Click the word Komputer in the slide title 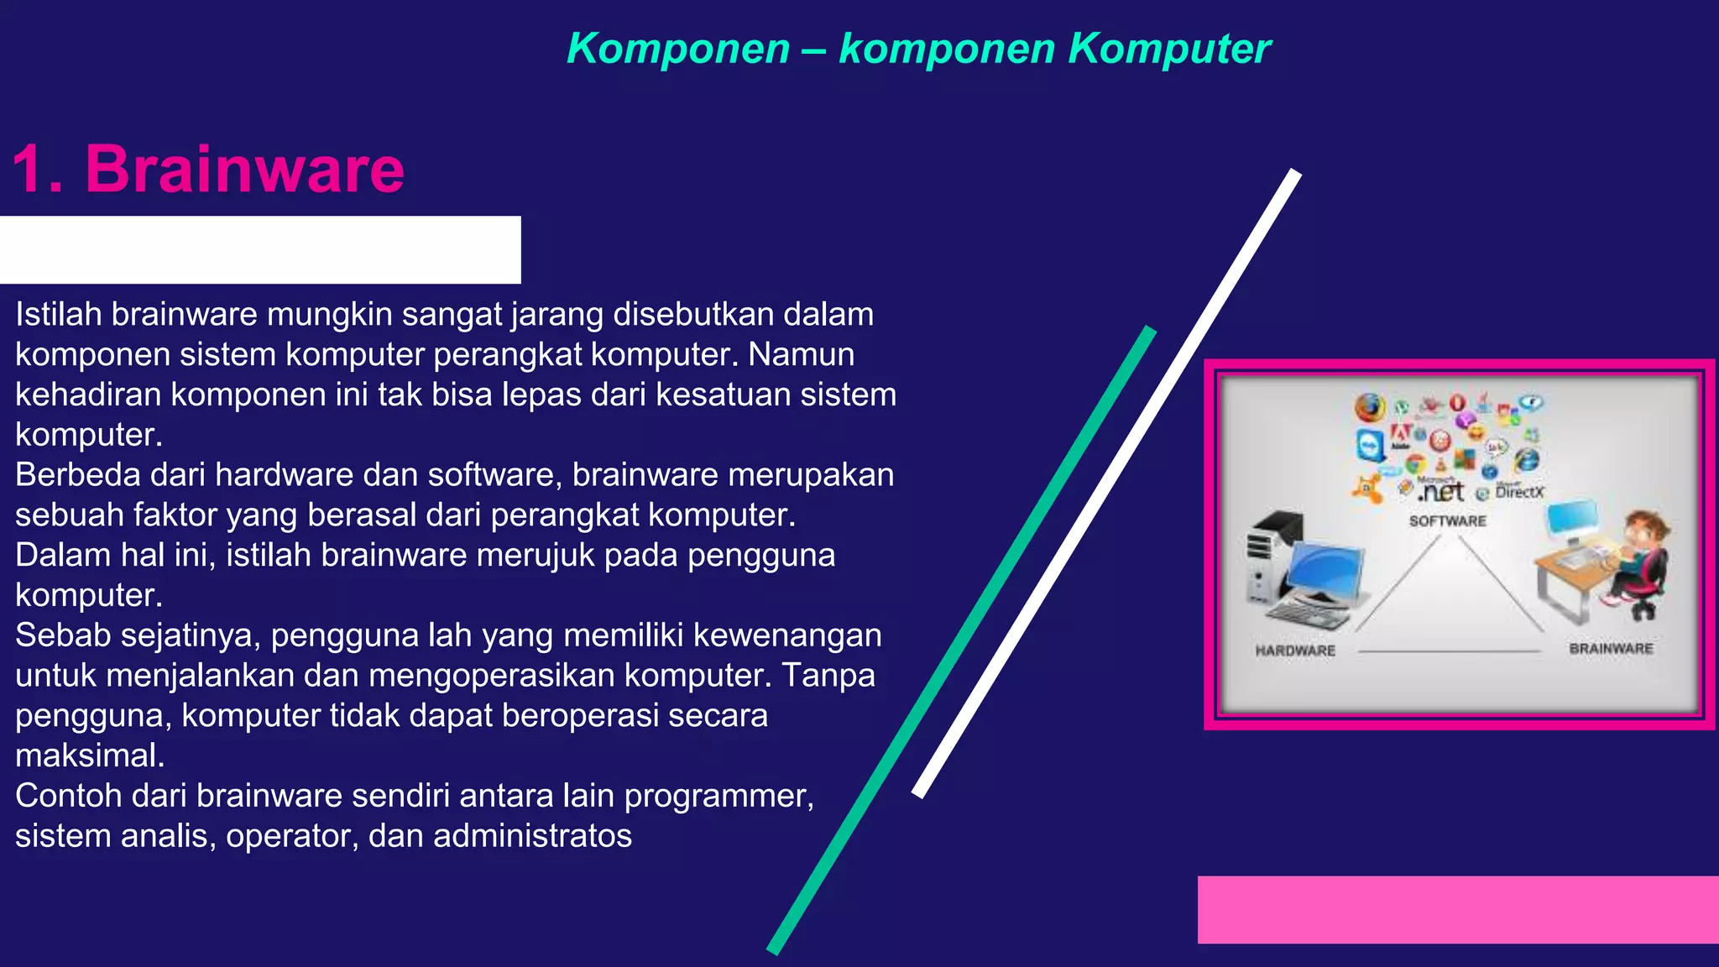tap(1169, 48)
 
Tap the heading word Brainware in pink tap(244, 169)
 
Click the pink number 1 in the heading tap(29, 170)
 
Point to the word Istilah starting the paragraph tap(58, 314)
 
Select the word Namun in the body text tap(801, 354)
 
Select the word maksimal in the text tap(90, 755)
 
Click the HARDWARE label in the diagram tap(1295, 651)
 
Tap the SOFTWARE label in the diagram tap(1447, 521)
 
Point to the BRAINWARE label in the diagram tap(1611, 649)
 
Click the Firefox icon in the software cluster tap(1370, 408)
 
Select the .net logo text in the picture tap(1441, 491)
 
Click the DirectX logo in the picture tap(1518, 492)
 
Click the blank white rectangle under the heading tap(260, 249)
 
